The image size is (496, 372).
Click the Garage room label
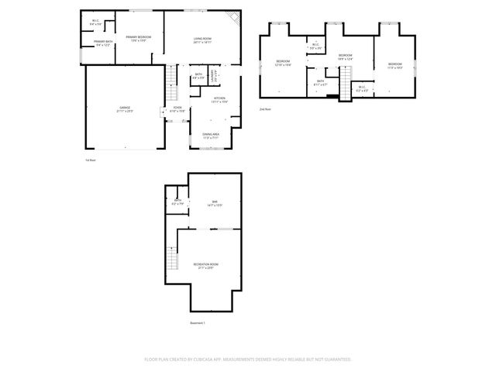coord(125,109)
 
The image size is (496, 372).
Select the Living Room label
coord(203,40)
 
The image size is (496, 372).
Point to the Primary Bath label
coord(104,43)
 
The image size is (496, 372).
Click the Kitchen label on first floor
coord(219,99)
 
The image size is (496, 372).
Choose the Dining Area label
coord(211,136)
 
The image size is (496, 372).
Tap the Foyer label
coord(177,109)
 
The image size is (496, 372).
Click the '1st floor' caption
coord(90,160)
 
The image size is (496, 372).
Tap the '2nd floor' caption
coord(266,109)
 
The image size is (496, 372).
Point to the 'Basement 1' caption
coord(198,322)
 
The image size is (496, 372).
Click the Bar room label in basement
coord(214,204)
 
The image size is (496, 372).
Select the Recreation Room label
coord(206,266)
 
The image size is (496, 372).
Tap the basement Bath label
coord(177,202)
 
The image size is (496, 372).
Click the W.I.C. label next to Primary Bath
coord(95,22)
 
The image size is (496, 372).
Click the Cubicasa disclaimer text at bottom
coord(248,360)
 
